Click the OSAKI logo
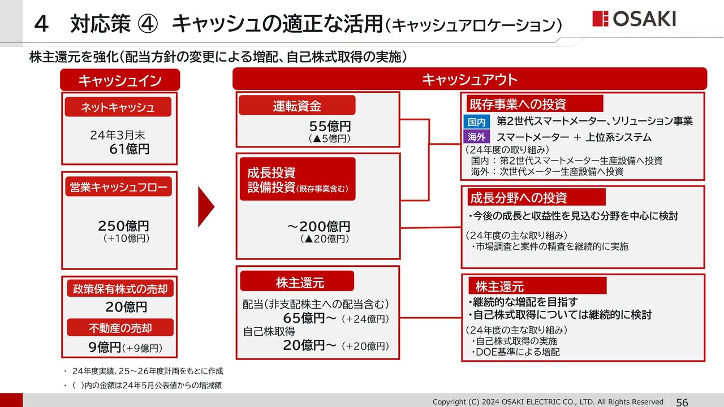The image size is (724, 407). pyautogui.click(x=634, y=19)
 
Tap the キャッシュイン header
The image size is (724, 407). pyautogui.click(x=120, y=80)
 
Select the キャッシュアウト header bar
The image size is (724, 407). pyautogui.click(x=469, y=79)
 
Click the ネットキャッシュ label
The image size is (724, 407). pyautogui.click(x=118, y=107)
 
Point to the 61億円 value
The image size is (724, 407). pyautogui.click(x=130, y=149)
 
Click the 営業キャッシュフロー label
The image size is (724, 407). pyautogui.click(x=118, y=187)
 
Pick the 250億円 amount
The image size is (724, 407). pyautogui.click(x=123, y=226)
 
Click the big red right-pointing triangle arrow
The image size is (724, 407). pyautogui.click(x=206, y=207)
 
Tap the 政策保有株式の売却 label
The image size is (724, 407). pyautogui.click(x=120, y=288)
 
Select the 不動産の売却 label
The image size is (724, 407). pyautogui.click(x=120, y=327)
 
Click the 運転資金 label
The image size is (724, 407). pyautogui.click(x=297, y=105)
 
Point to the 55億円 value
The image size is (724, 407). pyautogui.click(x=330, y=126)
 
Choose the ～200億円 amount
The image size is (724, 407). pyautogui.click(x=318, y=227)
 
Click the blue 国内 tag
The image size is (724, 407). pyautogui.click(x=476, y=122)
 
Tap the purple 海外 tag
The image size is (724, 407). pyautogui.click(x=476, y=137)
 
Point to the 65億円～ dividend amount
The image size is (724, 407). pyautogui.click(x=309, y=318)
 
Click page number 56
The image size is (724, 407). pyautogui.click(x=682, y=401)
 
